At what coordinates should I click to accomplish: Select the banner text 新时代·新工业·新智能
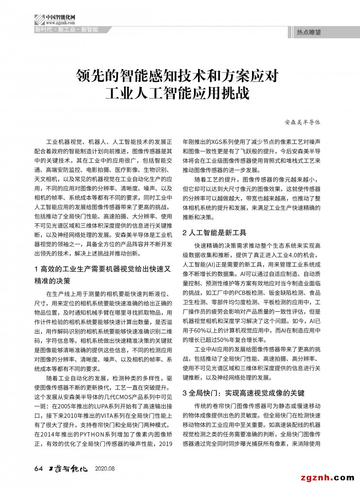pyautogui.click(x=66, y=30)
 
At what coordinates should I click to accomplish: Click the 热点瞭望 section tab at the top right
pyautogui.click(x=310, y=32)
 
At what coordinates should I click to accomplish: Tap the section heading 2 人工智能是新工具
pyautogui.click(x=215, y=233)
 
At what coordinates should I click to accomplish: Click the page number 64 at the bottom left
pyautogui.click(x=38, y=469)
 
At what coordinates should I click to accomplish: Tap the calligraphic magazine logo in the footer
pyautogui.click(x=67, y=469)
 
